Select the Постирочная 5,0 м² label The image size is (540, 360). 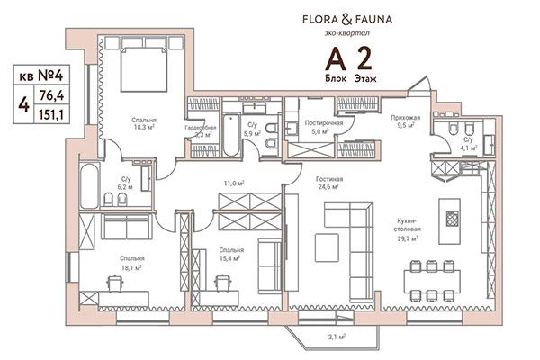click(321, 125)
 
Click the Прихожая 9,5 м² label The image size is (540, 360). click(408, 121)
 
